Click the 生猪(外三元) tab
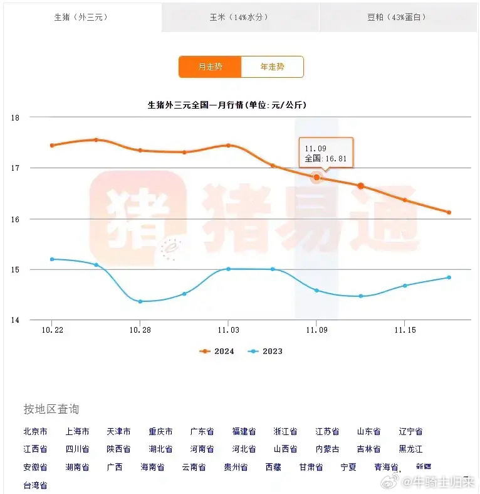coord(81,17)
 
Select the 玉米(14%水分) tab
coord(241,17)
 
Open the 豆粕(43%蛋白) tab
coord(399,17)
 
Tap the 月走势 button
coord(210,67)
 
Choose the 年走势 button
coord(272,67)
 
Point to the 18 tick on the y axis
coord(16,117)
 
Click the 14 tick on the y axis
coord(16,320)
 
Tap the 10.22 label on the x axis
coord(52,330)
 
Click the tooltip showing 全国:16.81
coord(325,153)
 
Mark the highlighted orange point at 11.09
coord(316,178)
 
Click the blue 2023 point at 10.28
coord(140,301)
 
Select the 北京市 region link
coord(35,432)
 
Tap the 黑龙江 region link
coord(410,449)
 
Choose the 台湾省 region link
coord(35,485)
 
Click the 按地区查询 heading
coord(51,410)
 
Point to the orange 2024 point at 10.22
coord(52,145)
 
